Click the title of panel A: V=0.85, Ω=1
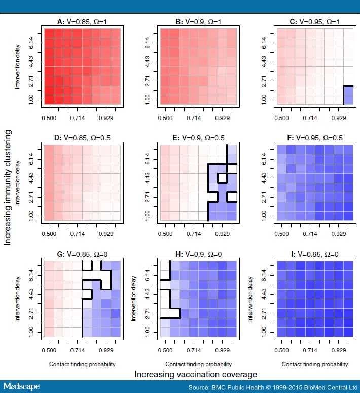click(82, 22)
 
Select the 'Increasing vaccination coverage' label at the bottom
click(196, 374)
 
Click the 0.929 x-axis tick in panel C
click(338, 117)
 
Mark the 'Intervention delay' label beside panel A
click(18, 66)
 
